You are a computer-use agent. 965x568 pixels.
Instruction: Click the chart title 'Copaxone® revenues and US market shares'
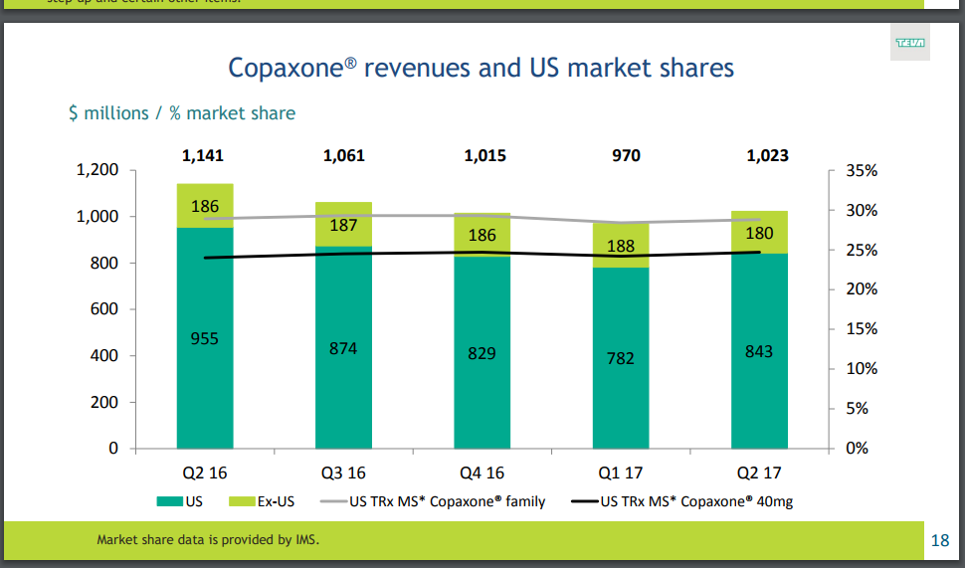pyautogui.click(x=482, y=68)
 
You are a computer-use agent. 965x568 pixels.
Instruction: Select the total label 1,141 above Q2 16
pyautogui.click(x=205, y=155)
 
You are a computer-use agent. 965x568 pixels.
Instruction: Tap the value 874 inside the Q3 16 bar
pyautogui.click(x=343, y=348)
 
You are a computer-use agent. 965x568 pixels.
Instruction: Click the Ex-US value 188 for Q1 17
pyautogui.click(x=621, y=247)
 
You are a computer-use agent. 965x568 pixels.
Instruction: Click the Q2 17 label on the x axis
pyautogui.click(x=759, y=473)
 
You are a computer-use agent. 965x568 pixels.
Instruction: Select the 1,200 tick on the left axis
pyautogui.click(x=97, y=170)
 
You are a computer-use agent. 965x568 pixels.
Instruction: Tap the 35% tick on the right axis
pyautogui.click(x=861, y=170)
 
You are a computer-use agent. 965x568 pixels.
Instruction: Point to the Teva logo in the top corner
pyautogui.click(x=909, y=43)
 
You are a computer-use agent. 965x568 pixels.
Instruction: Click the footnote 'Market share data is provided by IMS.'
pyautogui.click(x=208, y=540)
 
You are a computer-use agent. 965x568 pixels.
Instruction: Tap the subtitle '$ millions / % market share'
pyautogui.click(x=181, y=113)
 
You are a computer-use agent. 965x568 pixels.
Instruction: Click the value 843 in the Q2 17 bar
pyautogui.click(x=759, y=351)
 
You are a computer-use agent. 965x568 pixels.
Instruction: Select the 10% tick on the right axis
pyautogui.click(x=861, y=369)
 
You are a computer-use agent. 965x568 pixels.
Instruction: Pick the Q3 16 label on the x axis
pyautogui.click(x=343, y=473)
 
